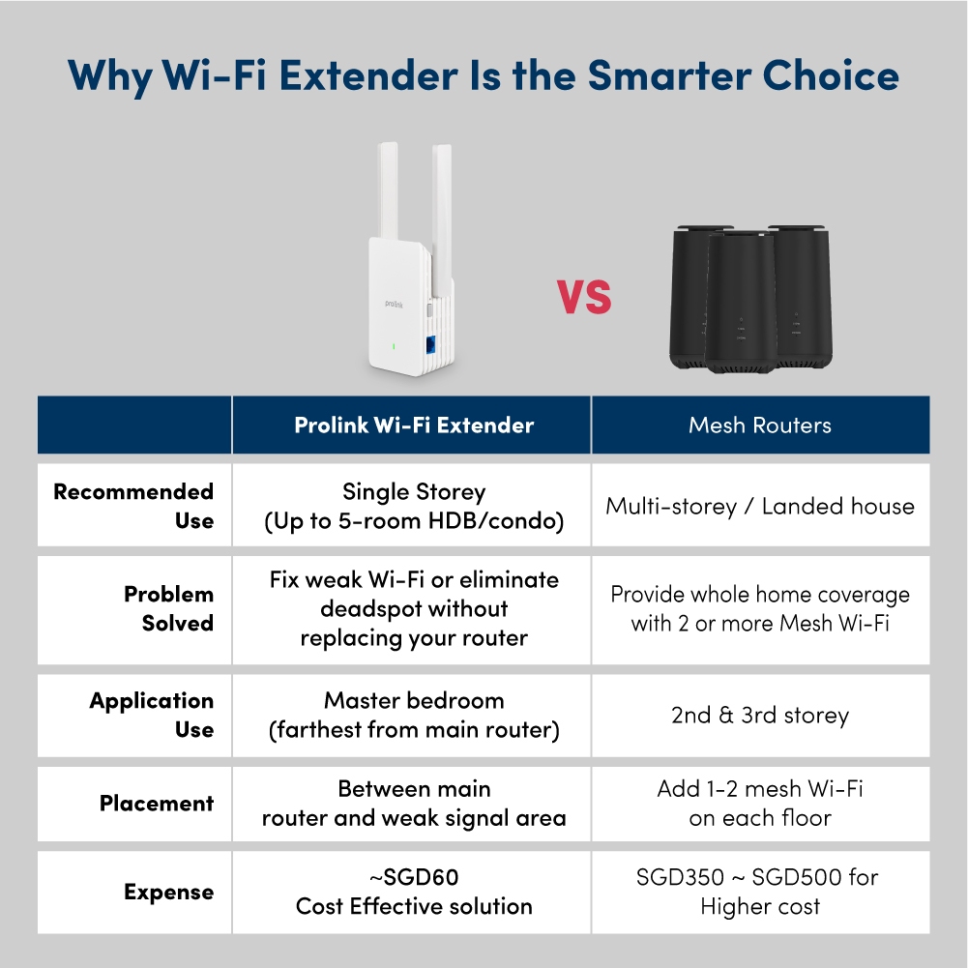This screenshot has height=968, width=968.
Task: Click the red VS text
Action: (584, 297)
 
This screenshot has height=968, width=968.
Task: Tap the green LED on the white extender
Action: (394, 347)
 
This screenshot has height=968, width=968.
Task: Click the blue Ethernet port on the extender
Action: (430, 344)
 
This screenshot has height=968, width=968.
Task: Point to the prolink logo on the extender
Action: (394, 304)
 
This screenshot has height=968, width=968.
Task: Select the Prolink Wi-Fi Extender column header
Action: (414, 425)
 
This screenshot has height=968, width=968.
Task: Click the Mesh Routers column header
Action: (760, 425)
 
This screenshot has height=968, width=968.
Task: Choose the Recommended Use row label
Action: (133, 506)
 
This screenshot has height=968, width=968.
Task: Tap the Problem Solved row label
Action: (168, 608)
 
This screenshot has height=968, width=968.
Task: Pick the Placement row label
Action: (157, 804)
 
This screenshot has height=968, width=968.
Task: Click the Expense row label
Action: (168, 892)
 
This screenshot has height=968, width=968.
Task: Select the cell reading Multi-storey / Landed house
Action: (760, 506)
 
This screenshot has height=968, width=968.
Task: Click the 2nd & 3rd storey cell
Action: (760, 715)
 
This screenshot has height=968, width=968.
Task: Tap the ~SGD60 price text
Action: (414, 877)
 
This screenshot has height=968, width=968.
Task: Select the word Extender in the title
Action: (368, 75)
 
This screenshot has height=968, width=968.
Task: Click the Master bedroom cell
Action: (414, 715)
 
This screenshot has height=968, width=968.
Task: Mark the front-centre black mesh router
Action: (741, 303)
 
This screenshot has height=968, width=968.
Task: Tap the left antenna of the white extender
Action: (388, 191)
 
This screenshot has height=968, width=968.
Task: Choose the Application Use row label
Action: (151, 715)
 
